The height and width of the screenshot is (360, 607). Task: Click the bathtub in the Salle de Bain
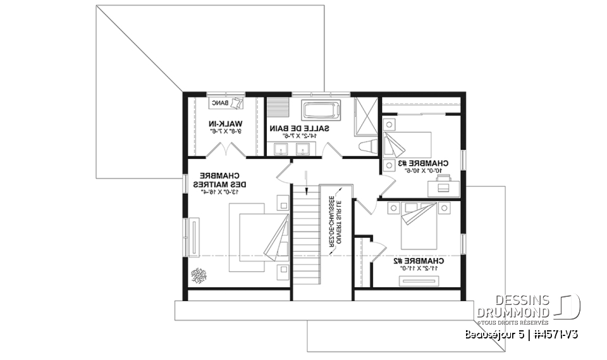[322, 111]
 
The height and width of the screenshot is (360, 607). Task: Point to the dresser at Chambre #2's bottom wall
[420, 283]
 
